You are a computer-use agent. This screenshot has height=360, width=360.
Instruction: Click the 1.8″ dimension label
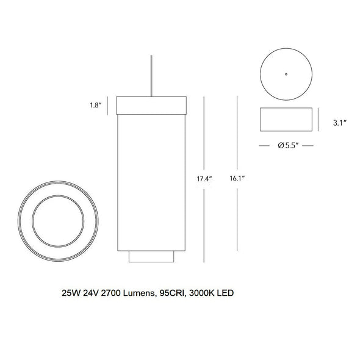click(x=96, y=105)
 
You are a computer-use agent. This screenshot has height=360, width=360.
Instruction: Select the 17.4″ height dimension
click(x=204, y=179)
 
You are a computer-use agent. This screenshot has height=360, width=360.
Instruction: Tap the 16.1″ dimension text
click(x=237, y=178)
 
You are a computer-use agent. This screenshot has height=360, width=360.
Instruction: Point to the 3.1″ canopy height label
click(x=340, y=123)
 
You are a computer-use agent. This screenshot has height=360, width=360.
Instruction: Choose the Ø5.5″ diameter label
click(x=288, y=146)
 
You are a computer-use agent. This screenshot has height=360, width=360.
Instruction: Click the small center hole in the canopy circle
click(x=286, y=74)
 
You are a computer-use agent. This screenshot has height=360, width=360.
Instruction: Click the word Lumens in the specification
click(x=139, y=293)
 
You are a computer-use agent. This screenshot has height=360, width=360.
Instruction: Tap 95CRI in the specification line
click(x=172, y=293)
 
